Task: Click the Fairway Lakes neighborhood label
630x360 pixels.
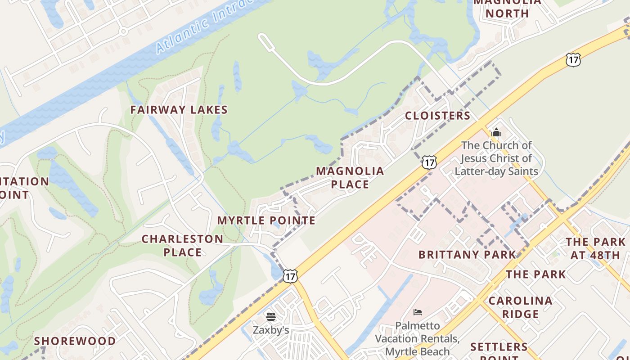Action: [179, 110]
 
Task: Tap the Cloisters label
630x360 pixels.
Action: [437, 116]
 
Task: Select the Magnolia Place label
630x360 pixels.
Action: [350, 177]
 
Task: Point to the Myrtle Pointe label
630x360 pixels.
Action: [266, 220]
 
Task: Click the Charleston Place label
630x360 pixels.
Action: [182, 245]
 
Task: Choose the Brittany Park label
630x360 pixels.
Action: [467, 255]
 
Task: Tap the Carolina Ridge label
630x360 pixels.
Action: [520, 307]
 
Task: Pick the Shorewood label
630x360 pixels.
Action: [75, 341]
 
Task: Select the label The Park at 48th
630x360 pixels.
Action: [595, 248]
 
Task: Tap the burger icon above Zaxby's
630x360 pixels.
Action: [270, 317]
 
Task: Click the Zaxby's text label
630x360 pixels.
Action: [270, 330]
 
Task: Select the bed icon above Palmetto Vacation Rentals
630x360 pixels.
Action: [418, 312]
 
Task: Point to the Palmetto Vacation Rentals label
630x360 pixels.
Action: [417, 338]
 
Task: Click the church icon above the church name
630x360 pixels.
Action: [496, 132]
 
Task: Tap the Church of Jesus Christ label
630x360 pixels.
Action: [496, 158]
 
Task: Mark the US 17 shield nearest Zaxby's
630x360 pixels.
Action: [290, 275]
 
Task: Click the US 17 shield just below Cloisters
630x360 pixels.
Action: [429, 162]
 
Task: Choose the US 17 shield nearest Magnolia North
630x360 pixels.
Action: [573, 59]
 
